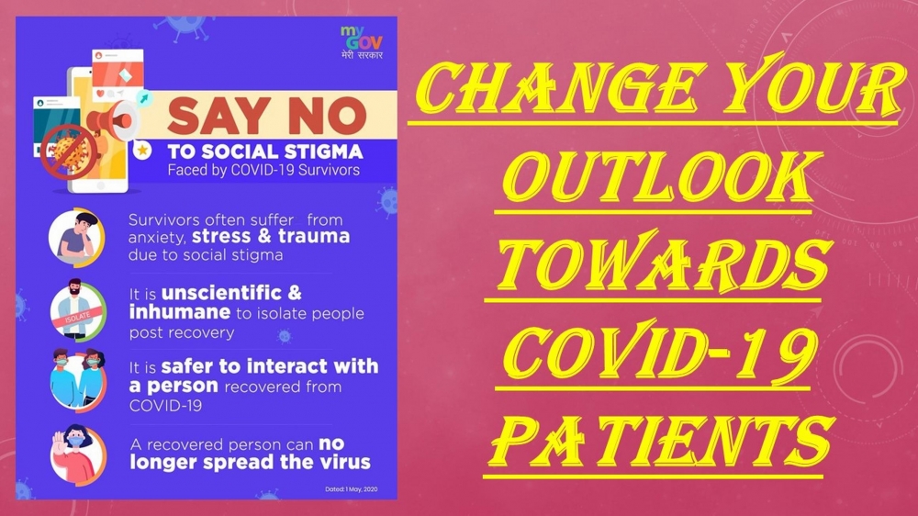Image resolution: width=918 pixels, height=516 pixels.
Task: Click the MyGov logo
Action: coord(362,42)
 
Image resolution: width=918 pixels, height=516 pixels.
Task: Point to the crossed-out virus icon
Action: coord(69,152)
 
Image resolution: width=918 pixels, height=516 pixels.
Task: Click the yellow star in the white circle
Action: coord(142,151)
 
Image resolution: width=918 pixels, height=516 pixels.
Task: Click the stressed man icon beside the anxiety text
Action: coord(77,237)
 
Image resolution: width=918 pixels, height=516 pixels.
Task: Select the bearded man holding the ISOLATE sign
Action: coord(77,310)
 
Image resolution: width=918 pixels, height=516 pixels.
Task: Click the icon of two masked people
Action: coord(78,381)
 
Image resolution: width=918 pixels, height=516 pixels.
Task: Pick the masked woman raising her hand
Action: coord(77,454)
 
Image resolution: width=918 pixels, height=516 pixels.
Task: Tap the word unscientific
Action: coord(221,292)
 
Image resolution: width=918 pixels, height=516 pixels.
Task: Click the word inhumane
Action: coord(180,312)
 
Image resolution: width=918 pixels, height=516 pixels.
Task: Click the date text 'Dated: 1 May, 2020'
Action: coord(352,489)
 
